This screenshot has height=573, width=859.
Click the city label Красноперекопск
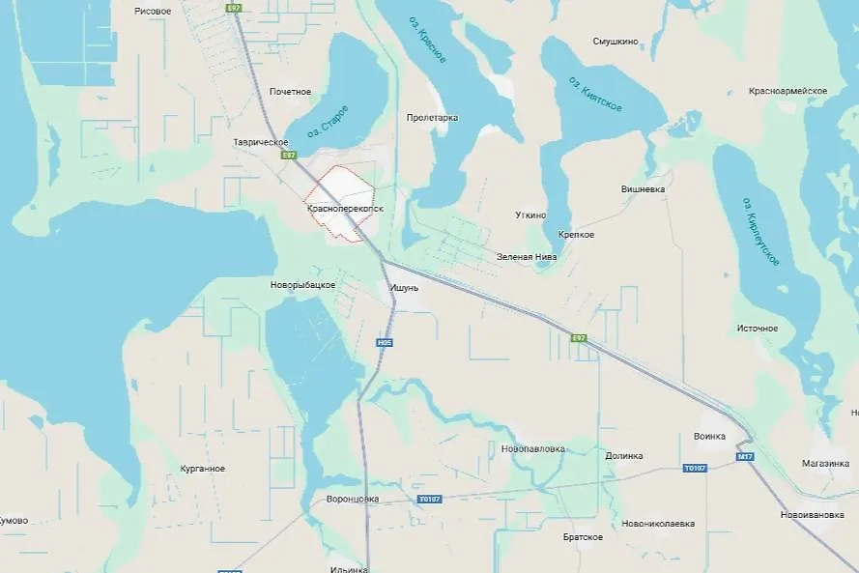pos(345,208)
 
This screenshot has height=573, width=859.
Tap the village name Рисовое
pos(153,11)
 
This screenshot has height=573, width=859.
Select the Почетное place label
pos(290,92)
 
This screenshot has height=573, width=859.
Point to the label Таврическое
pos(261,142)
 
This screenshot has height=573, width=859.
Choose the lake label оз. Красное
pos(431,45)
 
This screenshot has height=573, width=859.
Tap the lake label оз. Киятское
pos(595,93)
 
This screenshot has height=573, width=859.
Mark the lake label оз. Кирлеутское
pos(761,232)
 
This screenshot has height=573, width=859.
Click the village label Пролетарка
pos(432,118)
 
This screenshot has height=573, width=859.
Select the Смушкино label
pos(614,43)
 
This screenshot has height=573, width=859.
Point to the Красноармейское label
pos(787,91)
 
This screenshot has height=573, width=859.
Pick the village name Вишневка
pos(643,189)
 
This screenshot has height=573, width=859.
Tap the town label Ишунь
pos(405,287)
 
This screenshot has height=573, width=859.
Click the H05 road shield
pos(385,342)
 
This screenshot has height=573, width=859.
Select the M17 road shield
pos(744,456)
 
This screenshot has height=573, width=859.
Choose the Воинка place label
pos(709,436)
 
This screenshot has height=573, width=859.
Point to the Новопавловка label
pos(533,448)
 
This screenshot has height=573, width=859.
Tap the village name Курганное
pos(202,469)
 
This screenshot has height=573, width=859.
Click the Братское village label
pos(583,536)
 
